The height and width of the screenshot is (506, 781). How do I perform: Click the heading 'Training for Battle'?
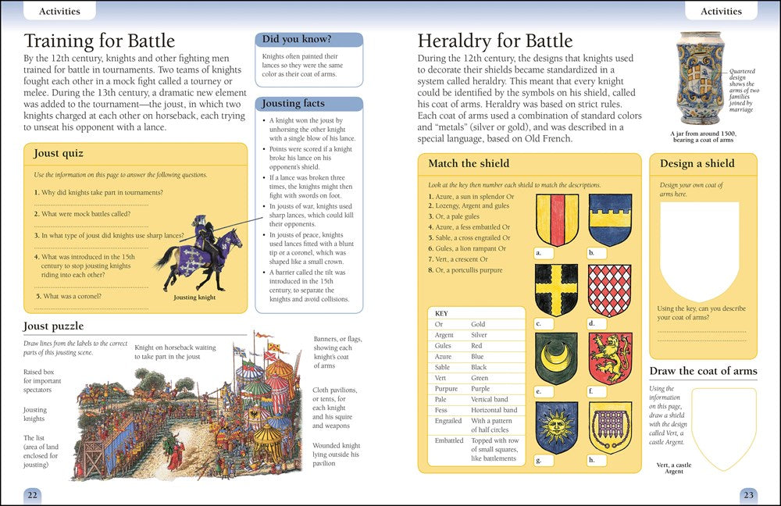point(99,41)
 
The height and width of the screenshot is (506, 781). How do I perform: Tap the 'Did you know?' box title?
point(297,40)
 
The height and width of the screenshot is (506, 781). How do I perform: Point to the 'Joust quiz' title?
point(59,154)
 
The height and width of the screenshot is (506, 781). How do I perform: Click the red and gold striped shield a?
point(556,219)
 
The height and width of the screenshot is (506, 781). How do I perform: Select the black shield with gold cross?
point(556,290)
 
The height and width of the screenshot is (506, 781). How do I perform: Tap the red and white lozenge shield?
point(609,290)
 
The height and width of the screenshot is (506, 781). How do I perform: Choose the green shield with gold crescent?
point(556,358)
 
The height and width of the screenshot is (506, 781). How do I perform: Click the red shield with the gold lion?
point(609,358)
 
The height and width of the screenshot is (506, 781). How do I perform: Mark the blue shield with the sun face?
point(556,427)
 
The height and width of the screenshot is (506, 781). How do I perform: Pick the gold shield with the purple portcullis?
point(609,427)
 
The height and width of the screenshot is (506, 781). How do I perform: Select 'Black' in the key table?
point(479,366)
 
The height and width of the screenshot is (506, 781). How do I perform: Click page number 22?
point(32,494)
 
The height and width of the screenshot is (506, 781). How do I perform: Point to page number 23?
point(748,494)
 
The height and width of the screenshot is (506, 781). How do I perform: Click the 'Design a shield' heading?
point(697,163)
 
